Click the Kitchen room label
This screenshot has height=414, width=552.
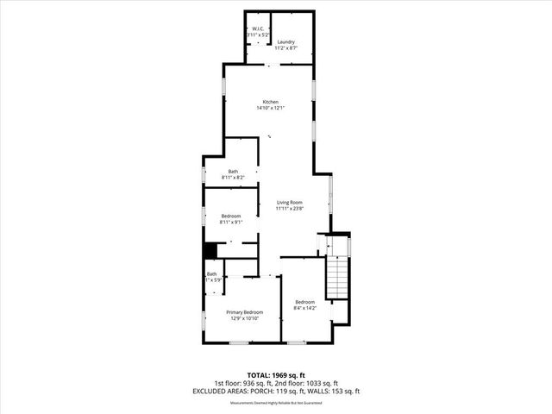270,102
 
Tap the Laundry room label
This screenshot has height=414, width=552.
285,41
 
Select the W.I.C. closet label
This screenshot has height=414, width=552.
257,29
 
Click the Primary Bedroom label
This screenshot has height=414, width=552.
244,312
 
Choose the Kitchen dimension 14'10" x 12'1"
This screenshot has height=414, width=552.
270,109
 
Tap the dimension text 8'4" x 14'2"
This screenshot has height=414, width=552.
305,307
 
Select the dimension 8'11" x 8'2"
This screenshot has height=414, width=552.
233,178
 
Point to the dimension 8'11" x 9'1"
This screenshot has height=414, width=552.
231,223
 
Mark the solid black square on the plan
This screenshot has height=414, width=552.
209,250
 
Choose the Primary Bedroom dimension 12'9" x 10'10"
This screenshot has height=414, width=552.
244,319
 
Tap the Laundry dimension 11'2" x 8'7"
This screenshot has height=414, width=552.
285,48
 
